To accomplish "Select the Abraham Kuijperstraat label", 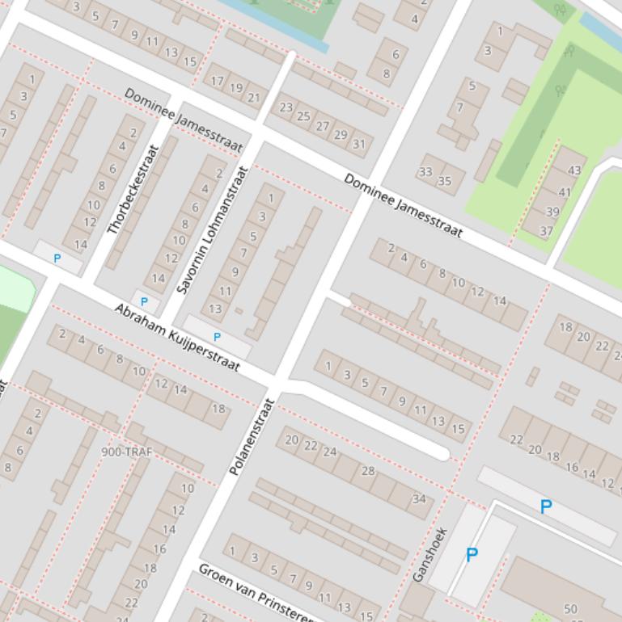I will click(x=177, y=338).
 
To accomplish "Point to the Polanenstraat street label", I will click(x=252, y=436).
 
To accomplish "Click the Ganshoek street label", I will click(x=429, y=555).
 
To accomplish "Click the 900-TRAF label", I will click(x=127, y=452).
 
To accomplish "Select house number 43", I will click(x=574, y=170).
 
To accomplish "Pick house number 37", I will click(x=547, y=231).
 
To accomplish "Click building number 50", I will click(x=570, y=609).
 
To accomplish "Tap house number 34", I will click(x=419, y=499).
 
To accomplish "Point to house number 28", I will click(x=368, y=471).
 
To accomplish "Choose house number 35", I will click(x=444, y=181).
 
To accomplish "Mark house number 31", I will click(x=358, y=144).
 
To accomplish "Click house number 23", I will click(x=286, y=107).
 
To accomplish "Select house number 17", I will click(x=215, y=81).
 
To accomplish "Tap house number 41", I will click(x=565, y=192).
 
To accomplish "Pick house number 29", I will click(x=341, y=135).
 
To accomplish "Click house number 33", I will click(x=425, y=172).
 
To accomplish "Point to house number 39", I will click(x=552, y=212).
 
